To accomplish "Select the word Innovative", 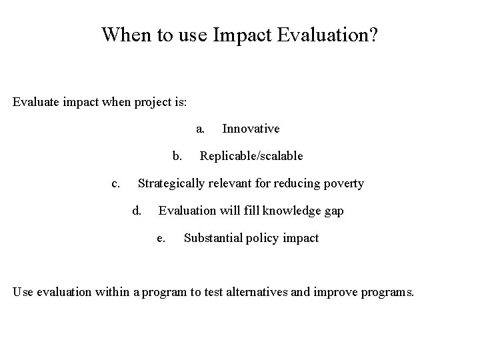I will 251,129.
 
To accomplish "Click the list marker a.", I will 199,129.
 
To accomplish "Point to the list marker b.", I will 177,156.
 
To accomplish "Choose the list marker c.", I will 115,183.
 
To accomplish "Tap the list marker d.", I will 137,211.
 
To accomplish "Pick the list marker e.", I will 160,238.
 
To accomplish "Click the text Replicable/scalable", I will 251,156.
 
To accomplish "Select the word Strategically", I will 172,183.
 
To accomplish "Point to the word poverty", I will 342,183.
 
